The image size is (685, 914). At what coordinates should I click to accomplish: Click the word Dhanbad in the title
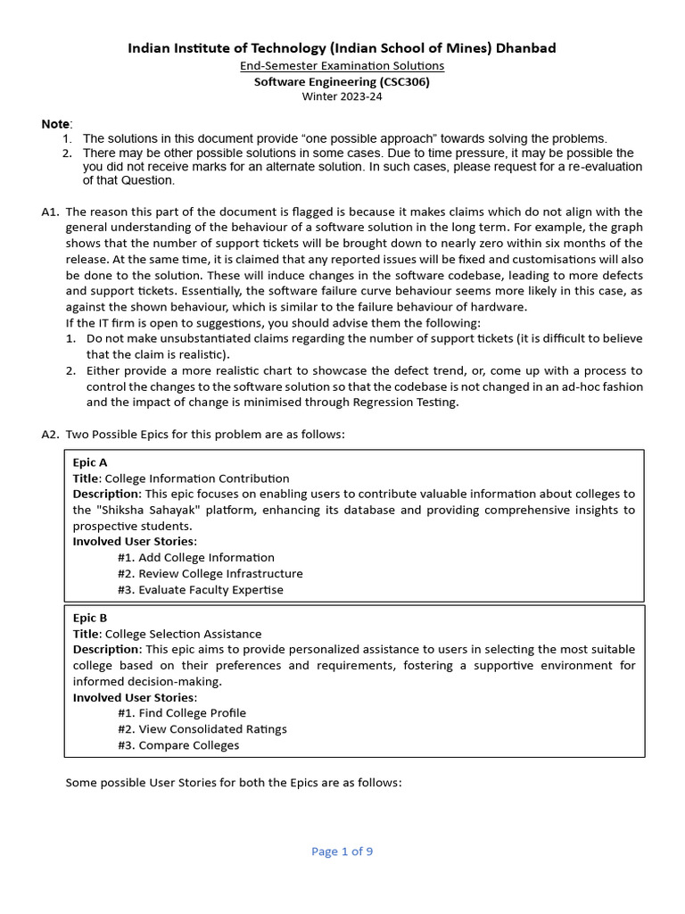(x=524, y=48)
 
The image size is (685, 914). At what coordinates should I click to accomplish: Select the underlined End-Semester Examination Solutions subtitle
(x=342, y=66)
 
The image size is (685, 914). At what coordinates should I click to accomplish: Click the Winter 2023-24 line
(x=342, y=96)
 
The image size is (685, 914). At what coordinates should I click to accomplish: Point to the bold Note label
(x=56, y=123)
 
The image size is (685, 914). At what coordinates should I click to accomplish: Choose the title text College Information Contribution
(x=197, y=478)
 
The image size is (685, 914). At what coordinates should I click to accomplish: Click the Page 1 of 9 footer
(x=342, y=852)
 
